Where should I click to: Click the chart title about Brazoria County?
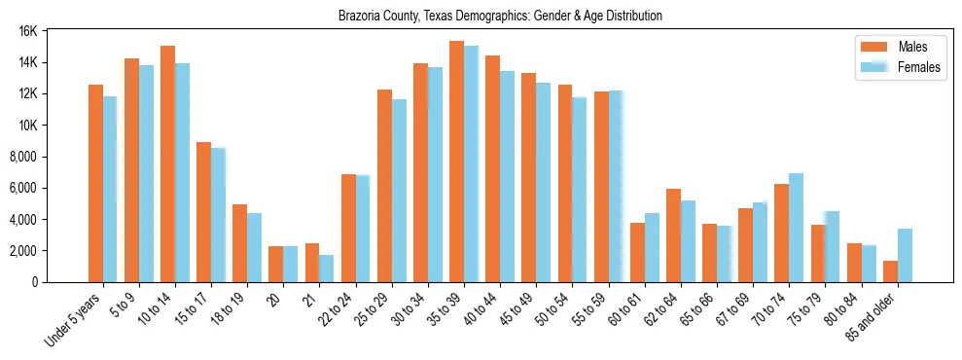pos(500,17)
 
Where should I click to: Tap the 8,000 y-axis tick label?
pos(21,157)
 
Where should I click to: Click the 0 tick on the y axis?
pos(33,282)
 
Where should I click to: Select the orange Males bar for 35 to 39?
pos(456,162)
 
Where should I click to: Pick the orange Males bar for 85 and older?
pos(890,271)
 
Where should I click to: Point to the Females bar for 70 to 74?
pos(796,228)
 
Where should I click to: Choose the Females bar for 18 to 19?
pos(254,247)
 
